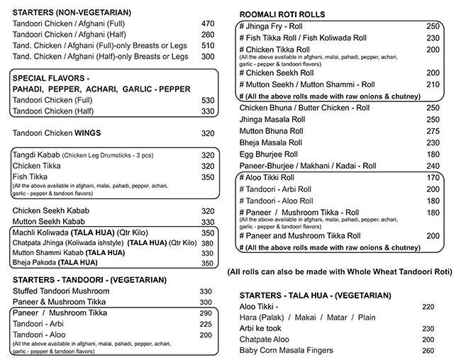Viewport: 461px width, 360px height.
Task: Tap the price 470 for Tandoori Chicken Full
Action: [208, 23]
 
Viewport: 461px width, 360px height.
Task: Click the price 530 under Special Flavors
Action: [208, 101]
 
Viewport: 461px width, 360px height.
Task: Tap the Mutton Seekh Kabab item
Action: [49, 222]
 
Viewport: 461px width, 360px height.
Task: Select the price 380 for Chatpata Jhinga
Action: [208, 243]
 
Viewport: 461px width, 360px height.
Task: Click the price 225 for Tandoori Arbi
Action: [206, 324]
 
